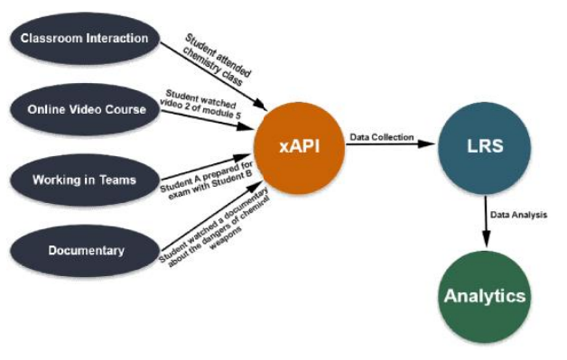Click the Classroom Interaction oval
83,39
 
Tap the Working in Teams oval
83,180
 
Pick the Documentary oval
83,250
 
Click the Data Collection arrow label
381,137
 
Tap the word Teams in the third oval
116,180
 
